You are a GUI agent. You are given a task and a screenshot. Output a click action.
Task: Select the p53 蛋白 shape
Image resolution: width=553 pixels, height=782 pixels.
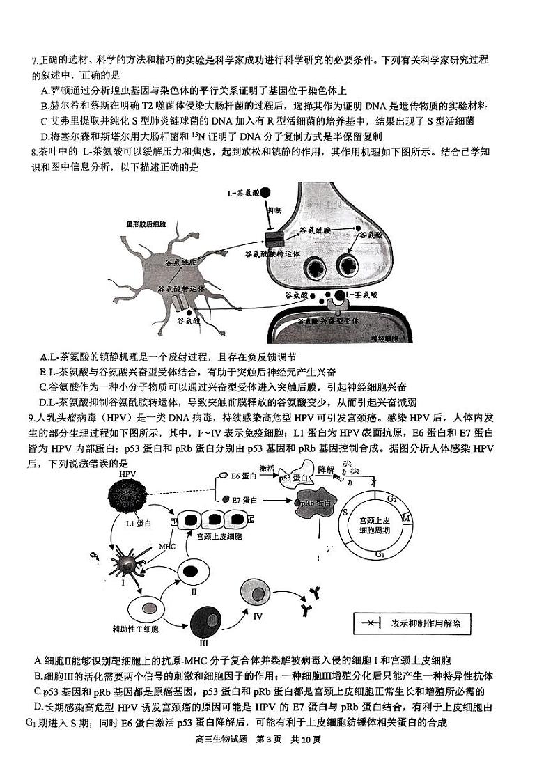tap(297, 478)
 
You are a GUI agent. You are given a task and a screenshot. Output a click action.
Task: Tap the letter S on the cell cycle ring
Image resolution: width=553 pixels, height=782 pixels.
tap(345, 512)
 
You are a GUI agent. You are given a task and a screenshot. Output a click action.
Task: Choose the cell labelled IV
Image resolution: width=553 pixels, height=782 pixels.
tap(255, 593)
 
